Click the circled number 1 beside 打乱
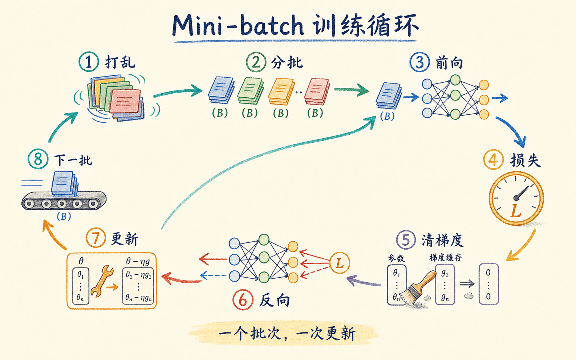tap(89, 62)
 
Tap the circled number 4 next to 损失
tap(493, 160)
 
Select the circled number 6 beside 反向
tap(243, 300)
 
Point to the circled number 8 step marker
tap(38, 159)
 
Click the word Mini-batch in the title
tap(238, 26)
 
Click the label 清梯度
tap(442, 241)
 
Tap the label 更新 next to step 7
tap(125, 239)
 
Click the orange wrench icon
tap(102, 282)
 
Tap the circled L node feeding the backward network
tap(340, 263)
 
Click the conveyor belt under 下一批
tap(64, 201)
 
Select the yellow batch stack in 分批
tap(281, 91)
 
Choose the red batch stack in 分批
tap(317, 91)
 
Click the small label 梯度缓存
tap(445, 257)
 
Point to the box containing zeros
tap(488, 284)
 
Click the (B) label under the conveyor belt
tap(64, 216)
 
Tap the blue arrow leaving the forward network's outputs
tap(500, 98)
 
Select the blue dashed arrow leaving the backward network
tap(213, 275)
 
